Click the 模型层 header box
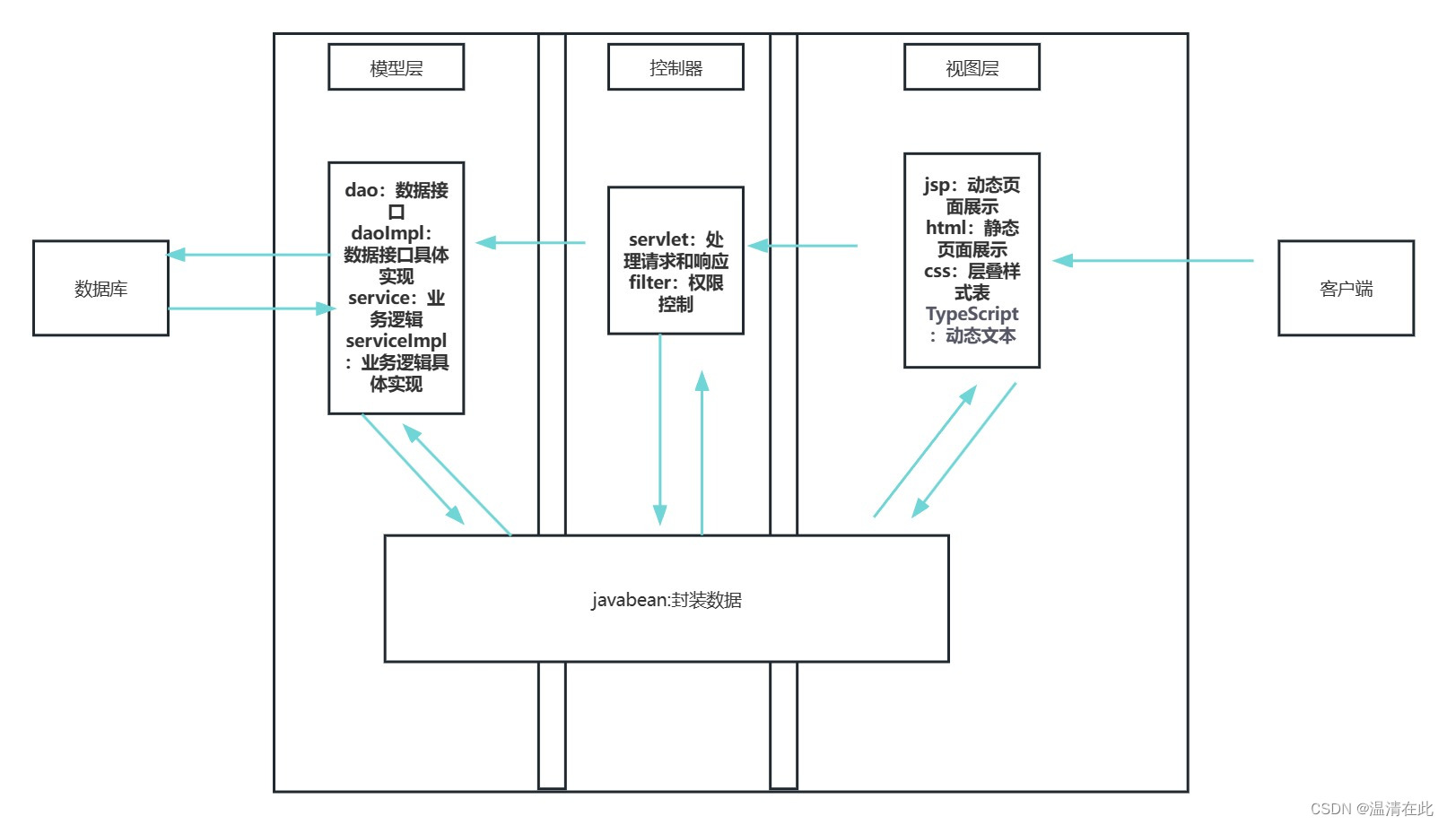click(396, 67)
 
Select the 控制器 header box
click(676, 67)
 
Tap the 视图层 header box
click(972, 67)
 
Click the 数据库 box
click(100, 288)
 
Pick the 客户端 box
click(1346, 288)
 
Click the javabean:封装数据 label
click(666, 600)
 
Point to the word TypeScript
click(972, 314)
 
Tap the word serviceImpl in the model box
click(396, 341)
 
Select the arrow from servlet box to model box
click(530, 242)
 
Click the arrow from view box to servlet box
click(803, 245)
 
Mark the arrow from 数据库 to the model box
click(251, 308)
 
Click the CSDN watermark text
click(1371, 809)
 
